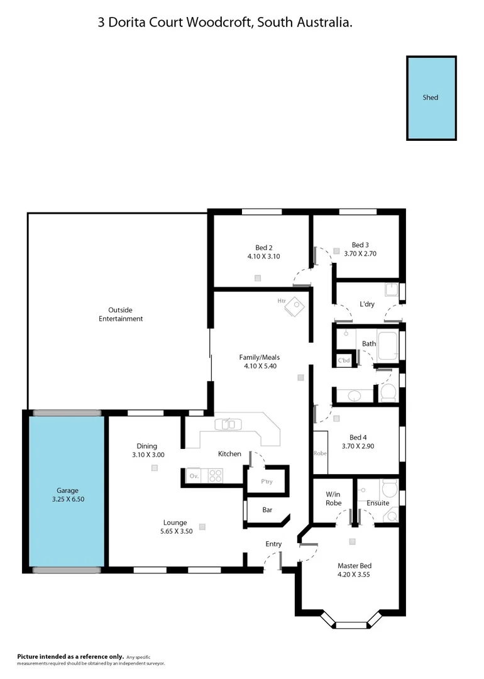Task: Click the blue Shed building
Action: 431,98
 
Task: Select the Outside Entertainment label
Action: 121,314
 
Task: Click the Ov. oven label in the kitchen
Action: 194,476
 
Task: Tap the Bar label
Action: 267,510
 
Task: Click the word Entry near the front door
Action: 273,544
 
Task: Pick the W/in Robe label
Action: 333,499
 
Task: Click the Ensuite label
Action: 378,503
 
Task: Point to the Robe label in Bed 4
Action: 320,453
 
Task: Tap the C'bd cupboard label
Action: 344,361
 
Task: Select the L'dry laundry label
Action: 367,304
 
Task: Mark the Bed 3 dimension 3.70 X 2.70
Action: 360,253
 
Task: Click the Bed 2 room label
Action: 263,247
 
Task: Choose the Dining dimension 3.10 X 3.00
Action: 148,455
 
